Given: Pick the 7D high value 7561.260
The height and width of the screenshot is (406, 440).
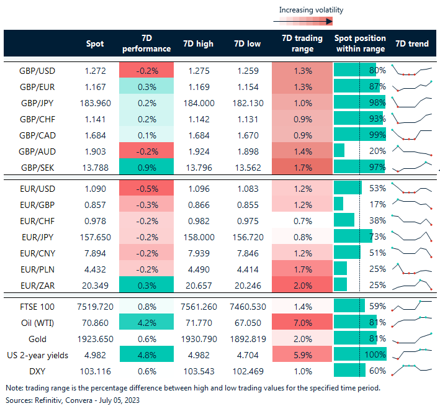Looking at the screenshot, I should [x=199, y=307].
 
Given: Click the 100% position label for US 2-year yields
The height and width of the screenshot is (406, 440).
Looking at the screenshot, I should [x=376, y=356].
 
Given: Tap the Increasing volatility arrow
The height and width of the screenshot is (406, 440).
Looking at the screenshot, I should [x=303, y=21].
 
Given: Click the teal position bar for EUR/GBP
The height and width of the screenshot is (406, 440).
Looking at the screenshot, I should [x=339, y=204].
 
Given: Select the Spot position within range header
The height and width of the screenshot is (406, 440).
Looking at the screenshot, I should [x=360, y=43].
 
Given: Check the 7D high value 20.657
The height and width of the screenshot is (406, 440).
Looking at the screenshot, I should [x=199, y=284].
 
